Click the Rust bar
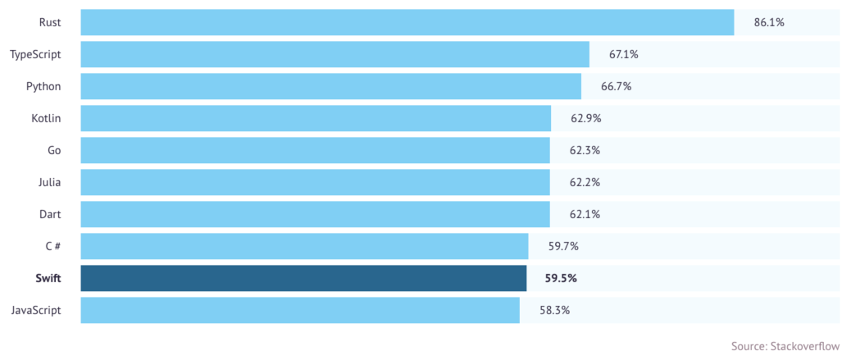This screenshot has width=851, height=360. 407,22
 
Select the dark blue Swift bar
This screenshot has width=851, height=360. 303,278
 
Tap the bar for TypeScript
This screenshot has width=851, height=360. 334,54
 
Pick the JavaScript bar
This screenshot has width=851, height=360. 300,310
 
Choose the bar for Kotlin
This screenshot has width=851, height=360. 316,118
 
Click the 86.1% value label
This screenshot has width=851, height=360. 769,22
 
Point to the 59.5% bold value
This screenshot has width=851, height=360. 561,278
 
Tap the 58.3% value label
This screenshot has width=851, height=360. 554,310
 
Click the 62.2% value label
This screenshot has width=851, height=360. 585,182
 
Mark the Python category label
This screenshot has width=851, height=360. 43,86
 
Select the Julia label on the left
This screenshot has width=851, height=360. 48,182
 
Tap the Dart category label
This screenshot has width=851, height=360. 49,214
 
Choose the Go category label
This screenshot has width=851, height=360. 54,150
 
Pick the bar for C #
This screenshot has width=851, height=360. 304,246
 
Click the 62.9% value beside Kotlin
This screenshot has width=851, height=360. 586,118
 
